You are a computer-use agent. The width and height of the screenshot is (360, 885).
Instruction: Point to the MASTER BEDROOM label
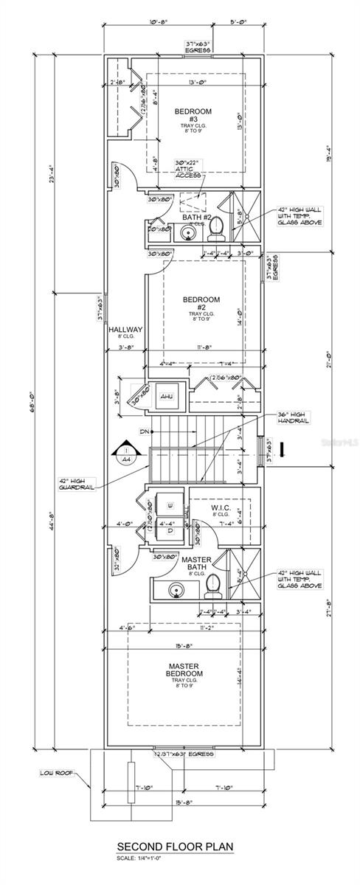point(184,670)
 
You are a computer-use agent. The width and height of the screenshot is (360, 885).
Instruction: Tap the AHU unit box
point(165,398)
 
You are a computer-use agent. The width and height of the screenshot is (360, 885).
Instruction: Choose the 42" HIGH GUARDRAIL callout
point(77,484)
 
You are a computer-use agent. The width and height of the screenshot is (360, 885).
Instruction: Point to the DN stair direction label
point(144,431)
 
